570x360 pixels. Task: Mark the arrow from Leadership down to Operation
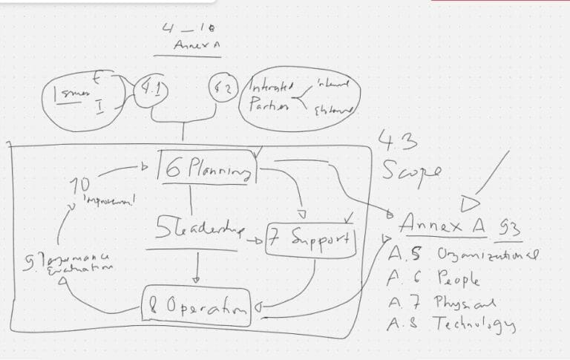coord(195,269)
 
